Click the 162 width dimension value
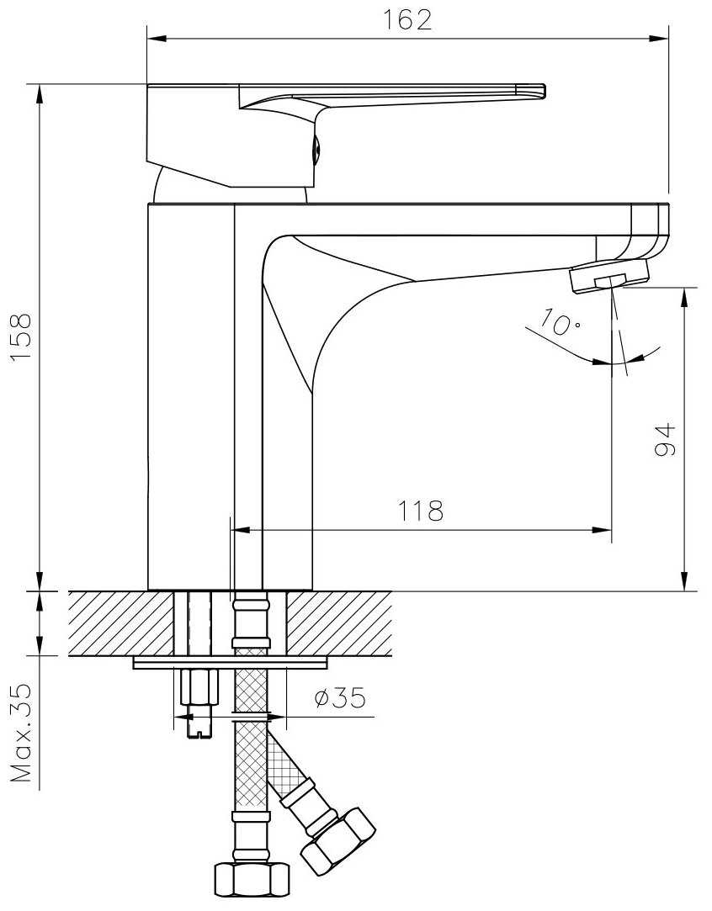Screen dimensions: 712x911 tap(406, 19)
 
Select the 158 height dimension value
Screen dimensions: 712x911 tap(22, 338)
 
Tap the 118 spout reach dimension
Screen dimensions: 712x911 tap(420, 511)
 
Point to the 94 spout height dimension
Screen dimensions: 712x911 tap(666, 439)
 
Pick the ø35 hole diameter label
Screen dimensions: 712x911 tap(340, 698)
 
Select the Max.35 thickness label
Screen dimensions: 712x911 tap(22, 734)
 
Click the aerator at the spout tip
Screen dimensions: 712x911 tap(609, 276)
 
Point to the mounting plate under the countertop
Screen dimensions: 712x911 tap(230, 662)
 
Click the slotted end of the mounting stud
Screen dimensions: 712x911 tap(199, 728)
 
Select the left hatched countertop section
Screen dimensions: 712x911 tap(121, 623)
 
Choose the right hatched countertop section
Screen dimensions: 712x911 tap(339, 623)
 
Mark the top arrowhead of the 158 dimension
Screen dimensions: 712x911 tap(40, 95)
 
